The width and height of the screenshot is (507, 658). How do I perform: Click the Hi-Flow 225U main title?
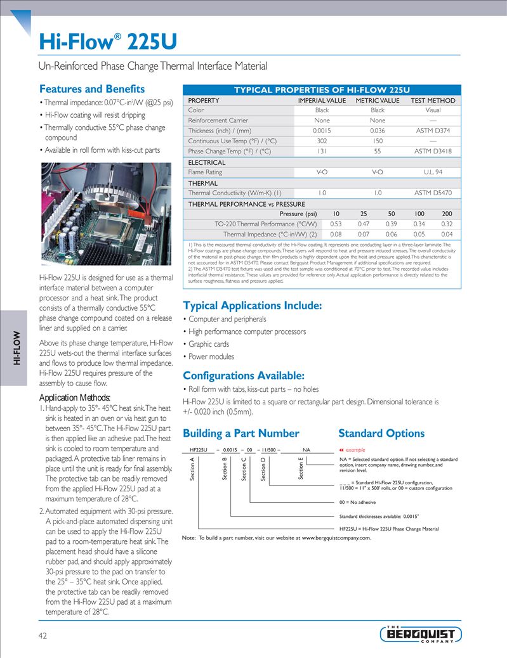click(108, 42)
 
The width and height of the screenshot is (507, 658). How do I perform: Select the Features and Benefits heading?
click(92, 89)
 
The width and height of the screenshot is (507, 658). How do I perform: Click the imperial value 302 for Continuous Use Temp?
click(322, 141)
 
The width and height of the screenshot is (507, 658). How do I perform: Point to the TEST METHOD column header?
click(433, 100)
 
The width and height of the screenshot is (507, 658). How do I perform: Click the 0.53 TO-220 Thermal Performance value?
click(336, 224)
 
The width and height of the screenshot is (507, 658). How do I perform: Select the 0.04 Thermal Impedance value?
click(447, 234)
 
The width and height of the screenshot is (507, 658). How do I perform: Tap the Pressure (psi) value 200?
click(447, 214)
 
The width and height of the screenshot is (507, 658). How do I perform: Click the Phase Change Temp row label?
click(230, 152)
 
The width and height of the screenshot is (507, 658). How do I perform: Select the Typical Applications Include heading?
click(252, 306)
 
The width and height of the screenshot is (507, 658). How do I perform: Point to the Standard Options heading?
click(381, 434)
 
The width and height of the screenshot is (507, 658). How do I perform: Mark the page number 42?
click(43, 635)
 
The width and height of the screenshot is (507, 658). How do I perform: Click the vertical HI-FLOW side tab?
click(18, 348)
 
